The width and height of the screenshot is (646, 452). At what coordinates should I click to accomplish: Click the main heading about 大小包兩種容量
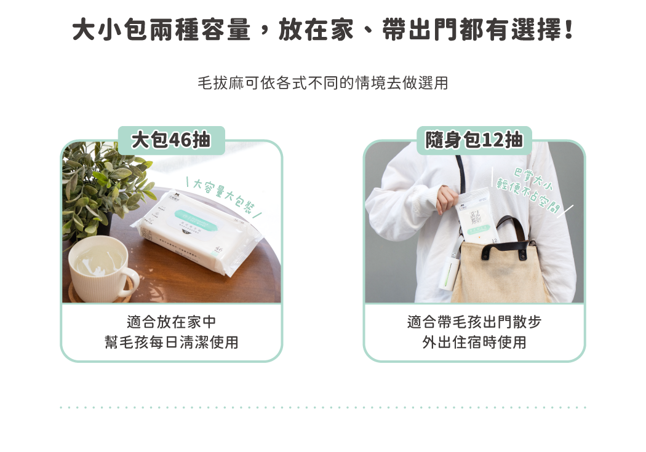tap(322, 29)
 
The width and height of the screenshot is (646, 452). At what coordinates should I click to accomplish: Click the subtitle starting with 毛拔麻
tap(322, 83)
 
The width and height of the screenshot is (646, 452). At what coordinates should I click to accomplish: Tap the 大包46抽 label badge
tap(172, 140)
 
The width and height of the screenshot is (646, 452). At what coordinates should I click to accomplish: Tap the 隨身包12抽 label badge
tap(474, 140)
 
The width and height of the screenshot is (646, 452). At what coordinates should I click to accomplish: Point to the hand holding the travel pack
tap(448, 198)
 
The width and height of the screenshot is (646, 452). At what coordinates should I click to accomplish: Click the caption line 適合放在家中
tap(171, 322)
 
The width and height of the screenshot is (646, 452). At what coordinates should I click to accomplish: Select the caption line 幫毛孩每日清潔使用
tap(171, 342)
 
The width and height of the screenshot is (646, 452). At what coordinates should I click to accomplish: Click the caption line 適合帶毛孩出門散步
tap(474, 322)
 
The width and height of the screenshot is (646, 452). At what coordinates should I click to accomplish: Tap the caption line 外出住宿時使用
tap(474, 342)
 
